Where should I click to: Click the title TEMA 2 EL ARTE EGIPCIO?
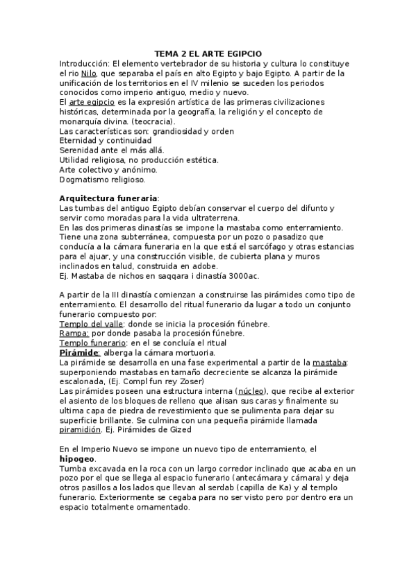click(x=208, y=53)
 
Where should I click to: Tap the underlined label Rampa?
click(x=74, y=334)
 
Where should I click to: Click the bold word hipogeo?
click(x=78, y=458)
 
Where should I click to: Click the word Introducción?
click(x=84, y=63)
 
